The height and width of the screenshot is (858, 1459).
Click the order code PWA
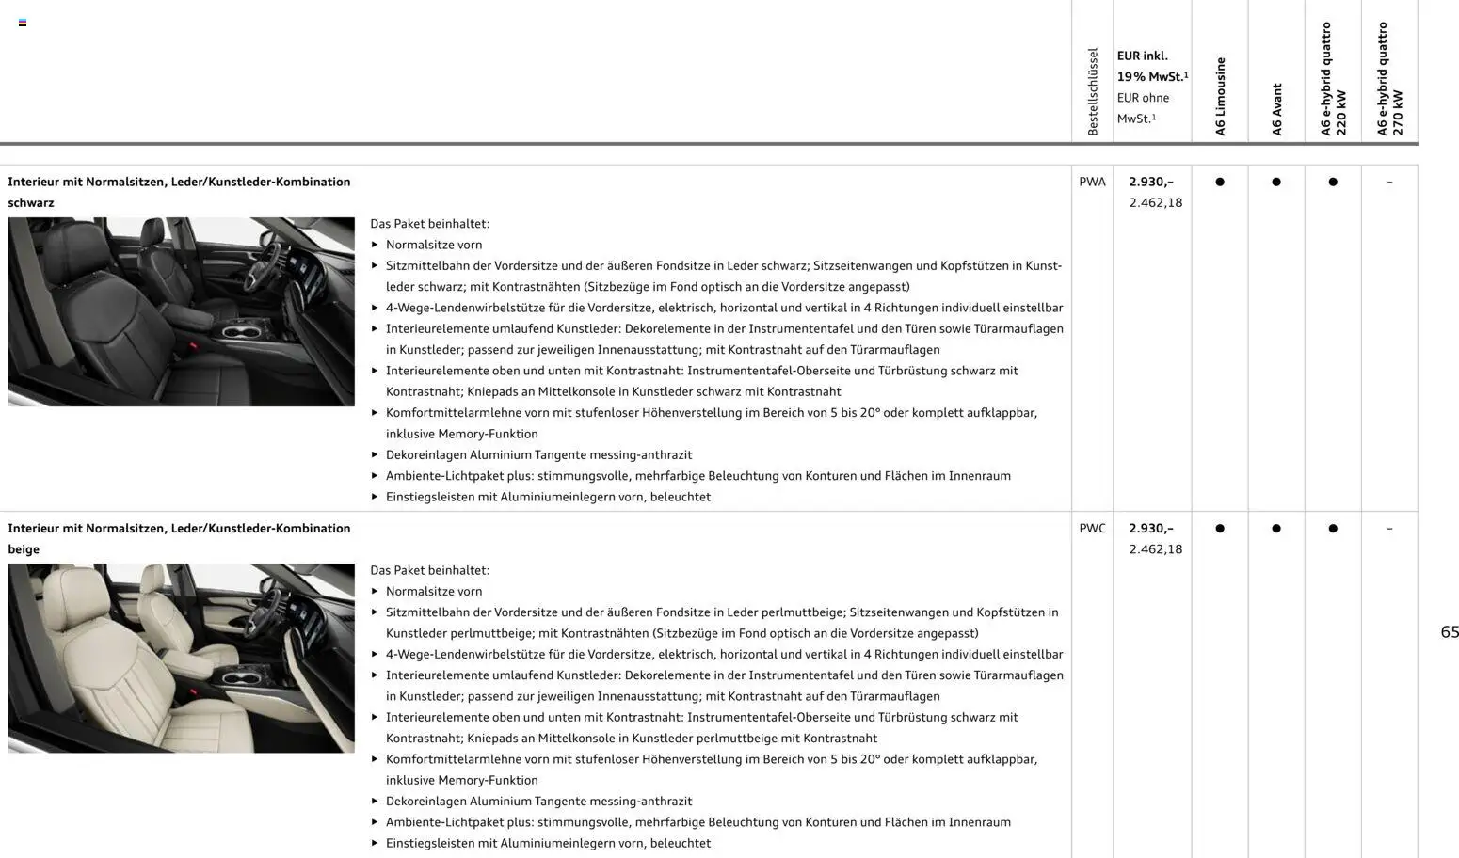[1092, 182]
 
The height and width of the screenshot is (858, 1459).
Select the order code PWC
[1092, 529]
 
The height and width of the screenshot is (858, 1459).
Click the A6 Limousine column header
[1220, 96]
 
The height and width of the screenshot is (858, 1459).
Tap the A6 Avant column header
[1276, 109]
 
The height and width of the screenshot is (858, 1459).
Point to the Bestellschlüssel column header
[1093, 91]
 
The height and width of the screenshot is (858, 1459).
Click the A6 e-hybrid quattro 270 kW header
[1389, 79]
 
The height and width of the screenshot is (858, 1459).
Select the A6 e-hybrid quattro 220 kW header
[1333, 79]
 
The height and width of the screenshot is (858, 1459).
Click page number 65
[1449, 632]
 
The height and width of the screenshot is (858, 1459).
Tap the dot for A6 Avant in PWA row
[1276, 182]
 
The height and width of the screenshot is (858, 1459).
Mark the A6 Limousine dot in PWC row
[1220, 529]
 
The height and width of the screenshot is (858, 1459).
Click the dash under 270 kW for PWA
[1389, 182]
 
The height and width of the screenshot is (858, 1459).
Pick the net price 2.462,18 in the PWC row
[1155, 549]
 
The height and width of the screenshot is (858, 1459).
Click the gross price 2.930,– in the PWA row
[1151, 182]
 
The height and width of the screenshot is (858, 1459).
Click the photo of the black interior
[181, 311]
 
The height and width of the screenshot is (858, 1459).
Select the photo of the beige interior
[181, 658]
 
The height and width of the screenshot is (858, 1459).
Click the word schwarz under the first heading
[31, 203]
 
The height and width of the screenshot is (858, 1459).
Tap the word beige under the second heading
[24, 549]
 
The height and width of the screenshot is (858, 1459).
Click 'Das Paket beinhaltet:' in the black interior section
[429, 224]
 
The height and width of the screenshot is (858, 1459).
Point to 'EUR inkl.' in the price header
[1142, 56]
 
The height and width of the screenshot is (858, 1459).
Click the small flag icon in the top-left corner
[23, 23]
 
